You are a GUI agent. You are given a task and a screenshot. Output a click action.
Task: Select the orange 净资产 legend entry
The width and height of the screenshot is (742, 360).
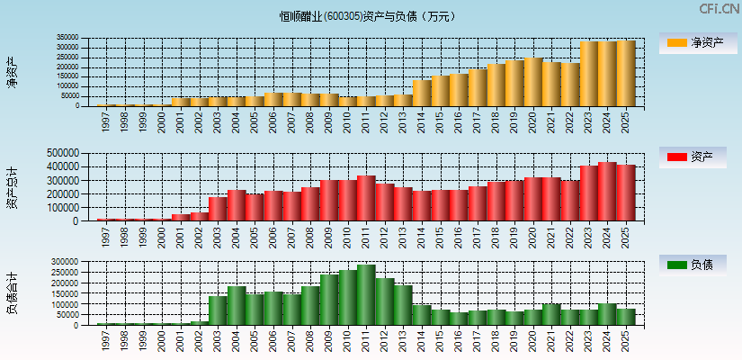(x=698, y=42)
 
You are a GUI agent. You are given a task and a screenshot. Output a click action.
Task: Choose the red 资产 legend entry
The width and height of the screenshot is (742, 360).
(x=698, y=158)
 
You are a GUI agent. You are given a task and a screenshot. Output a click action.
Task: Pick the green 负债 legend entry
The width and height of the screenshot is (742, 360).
(x=698, y=265)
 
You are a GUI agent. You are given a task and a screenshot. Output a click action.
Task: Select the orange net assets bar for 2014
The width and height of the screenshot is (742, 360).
(x=422, y=94)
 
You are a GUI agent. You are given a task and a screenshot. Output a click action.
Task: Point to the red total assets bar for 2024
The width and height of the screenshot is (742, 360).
(x=607, y=192)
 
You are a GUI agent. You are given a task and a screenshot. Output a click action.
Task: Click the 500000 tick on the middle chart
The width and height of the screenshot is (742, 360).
(x=62, y=153)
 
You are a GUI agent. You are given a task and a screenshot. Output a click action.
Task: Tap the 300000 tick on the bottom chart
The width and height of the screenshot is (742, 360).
(x=66, y=262)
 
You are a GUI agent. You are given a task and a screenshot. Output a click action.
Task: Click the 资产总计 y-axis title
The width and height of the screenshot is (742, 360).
(x=13, y=187)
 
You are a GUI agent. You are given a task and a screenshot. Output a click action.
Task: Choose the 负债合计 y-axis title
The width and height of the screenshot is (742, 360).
(x=13, y=293)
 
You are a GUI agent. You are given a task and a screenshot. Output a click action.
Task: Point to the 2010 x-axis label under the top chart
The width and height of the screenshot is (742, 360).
(x=348, y=121)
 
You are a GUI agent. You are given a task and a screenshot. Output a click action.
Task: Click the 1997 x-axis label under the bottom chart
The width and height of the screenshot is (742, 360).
(x=107, y=340)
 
